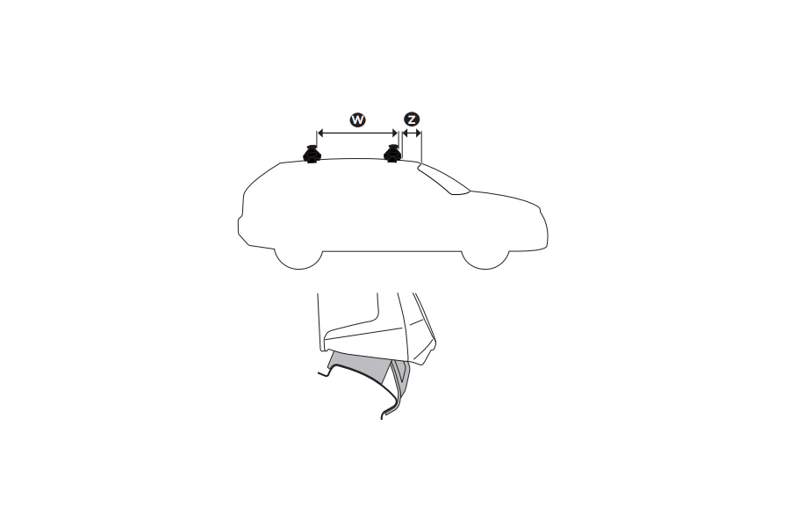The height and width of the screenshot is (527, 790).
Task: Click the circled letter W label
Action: pos(357,118)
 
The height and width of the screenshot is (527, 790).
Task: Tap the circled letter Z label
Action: pos(411,118)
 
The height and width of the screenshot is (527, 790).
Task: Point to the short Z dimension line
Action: pos(411,134)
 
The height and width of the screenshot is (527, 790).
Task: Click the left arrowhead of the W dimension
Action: pos(320,134)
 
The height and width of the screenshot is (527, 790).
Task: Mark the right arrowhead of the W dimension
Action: pos(395,134)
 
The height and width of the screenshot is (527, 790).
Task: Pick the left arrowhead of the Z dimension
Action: pos(404,134)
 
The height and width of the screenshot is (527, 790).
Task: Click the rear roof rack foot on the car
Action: pos(312,155)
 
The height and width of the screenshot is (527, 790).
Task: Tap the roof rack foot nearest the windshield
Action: pos(392,155)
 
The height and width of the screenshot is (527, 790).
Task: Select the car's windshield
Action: pos(443,179)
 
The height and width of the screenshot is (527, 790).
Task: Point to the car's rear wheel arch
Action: pos(296,252)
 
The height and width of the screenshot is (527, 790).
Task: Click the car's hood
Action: pos(500,196)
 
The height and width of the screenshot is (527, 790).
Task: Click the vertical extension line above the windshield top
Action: pos(421,148)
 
